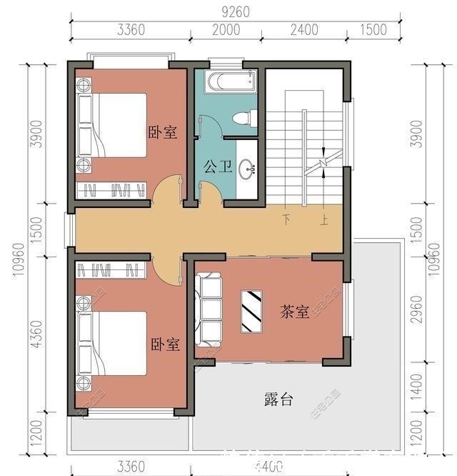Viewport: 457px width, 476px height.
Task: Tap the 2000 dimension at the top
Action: point(226,29)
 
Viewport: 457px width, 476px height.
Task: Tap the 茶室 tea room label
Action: point(295,312)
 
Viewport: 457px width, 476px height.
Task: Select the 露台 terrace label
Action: point(278,400)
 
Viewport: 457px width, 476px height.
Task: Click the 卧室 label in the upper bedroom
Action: point(163,132)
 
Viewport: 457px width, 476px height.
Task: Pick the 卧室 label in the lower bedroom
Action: point(165,344)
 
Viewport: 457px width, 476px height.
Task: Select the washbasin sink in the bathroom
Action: point(247,169)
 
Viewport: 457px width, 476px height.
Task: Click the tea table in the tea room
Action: point(252,311)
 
